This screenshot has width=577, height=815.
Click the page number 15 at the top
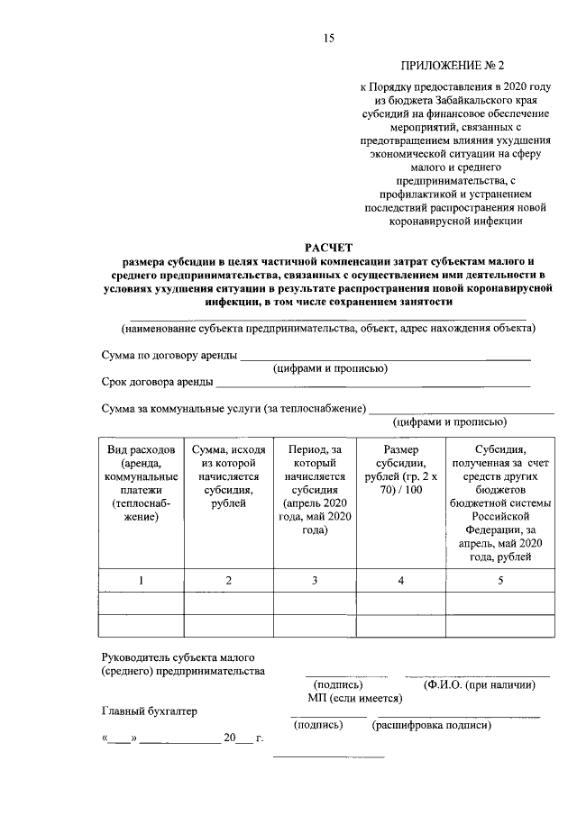click(x=329, y=37)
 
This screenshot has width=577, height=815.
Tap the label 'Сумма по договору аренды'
click(x=169, y=356)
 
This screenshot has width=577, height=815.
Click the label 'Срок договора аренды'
click(x=158, y=382)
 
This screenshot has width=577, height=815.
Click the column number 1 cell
click(x=141, y=580)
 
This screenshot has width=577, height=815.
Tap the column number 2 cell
click(x=229, y=580)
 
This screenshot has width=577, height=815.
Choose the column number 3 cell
click(x=315, y=580)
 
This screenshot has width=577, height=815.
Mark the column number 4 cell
click(x=401, y=580)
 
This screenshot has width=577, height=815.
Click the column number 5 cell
click(x=499, y=580)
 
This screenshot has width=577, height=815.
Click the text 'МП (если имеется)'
click(x=348, y=698)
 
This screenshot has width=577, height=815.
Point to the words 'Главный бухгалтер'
click(x=149, y=711)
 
